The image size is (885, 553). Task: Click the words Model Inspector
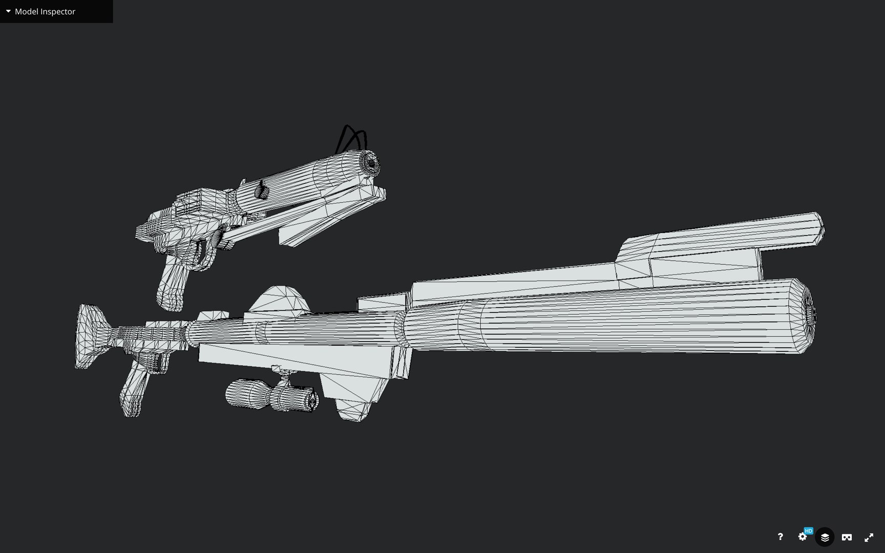(x=45, y=11)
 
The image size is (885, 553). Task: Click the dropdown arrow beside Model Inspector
(x=8, y=11)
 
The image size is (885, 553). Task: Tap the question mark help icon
(x=780, y=537)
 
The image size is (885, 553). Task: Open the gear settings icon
(x=802, y=537)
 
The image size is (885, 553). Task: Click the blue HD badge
(x=809, y=531)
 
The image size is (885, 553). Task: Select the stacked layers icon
(x=825, y=537)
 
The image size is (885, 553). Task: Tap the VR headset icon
(x=847, y=537)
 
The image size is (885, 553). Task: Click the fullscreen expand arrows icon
(x=869, y=537)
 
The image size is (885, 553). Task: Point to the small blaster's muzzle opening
(x=371, y=163)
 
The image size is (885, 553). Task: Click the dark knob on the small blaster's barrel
(x=261, y=190)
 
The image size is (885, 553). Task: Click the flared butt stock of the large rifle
(x=88, y=335)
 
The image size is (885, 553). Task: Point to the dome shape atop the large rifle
(x=280, y=300)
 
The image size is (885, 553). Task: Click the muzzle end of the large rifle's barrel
(x=810, y=316)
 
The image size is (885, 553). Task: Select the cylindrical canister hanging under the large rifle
(x=271, y=395)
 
